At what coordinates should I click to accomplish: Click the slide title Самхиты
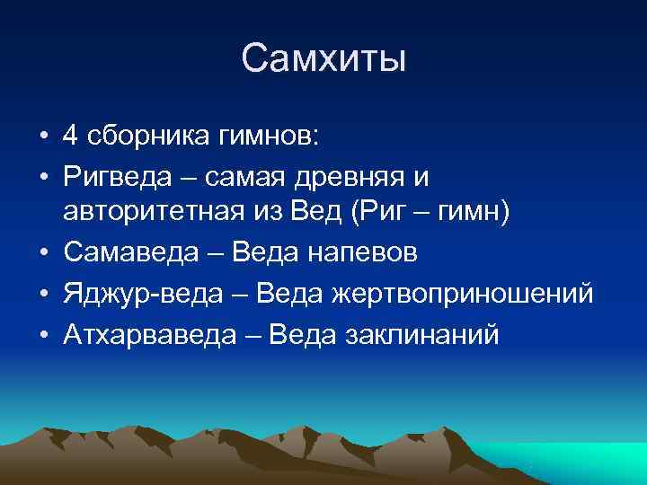(x=323, y=59)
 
